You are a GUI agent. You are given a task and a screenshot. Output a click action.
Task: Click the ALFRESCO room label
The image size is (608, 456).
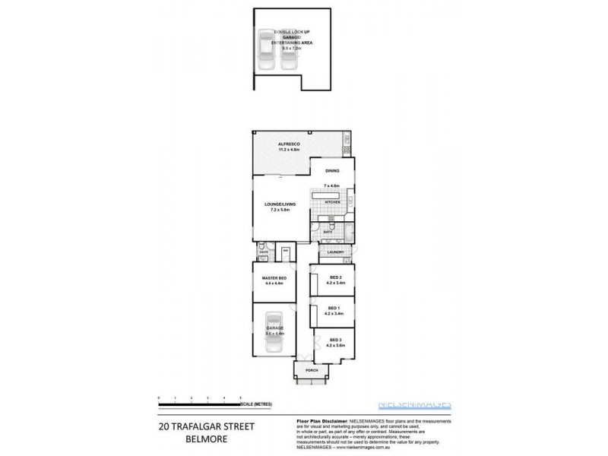tap(290, 144)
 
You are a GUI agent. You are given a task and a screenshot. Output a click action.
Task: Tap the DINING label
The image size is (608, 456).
tap(331, 171)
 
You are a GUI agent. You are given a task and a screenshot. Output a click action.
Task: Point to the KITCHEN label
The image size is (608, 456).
tap(331, 203)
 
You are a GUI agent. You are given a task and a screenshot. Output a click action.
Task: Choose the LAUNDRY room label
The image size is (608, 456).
tap(336, 252)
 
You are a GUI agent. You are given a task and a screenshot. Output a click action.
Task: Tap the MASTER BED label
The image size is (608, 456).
tap(273, 279)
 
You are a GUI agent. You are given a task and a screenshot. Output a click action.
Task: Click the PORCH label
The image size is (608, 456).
tap(312, 371)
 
